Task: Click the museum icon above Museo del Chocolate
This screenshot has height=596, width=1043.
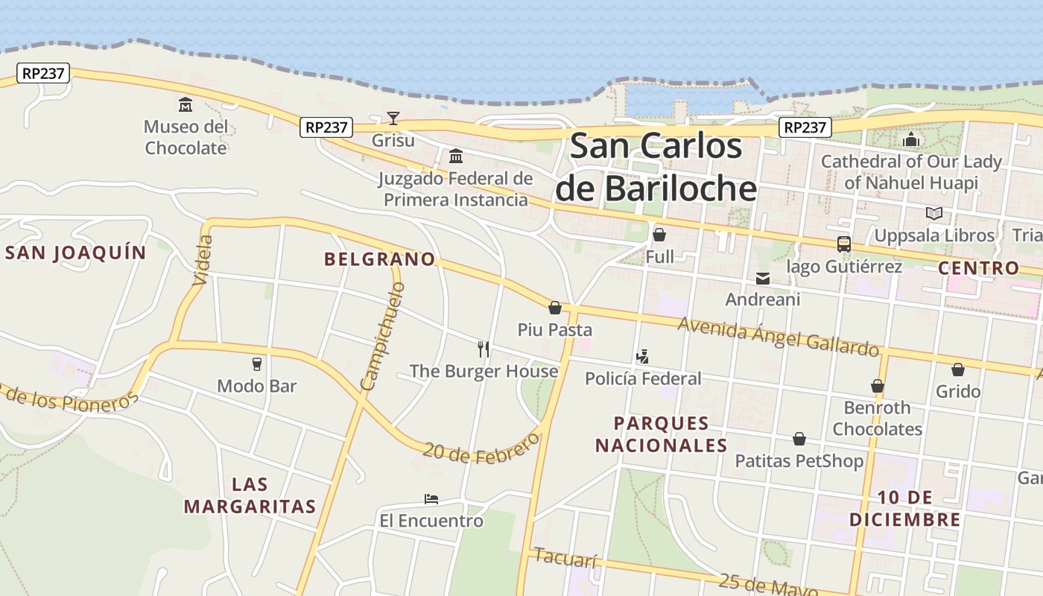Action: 186,104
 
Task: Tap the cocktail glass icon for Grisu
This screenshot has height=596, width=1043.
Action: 393,118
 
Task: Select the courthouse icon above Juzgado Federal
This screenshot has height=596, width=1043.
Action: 455,156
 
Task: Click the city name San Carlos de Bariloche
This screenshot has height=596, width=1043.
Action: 656,167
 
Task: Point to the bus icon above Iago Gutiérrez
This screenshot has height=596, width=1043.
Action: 844,244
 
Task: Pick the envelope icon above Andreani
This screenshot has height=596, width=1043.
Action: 763,279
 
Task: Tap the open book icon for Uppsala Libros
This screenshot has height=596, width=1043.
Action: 933,214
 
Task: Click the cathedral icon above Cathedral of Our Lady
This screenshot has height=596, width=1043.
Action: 911,139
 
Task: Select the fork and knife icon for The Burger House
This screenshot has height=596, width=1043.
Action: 484,349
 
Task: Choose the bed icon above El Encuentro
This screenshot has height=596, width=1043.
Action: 431,499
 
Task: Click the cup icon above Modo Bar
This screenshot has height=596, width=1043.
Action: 257,364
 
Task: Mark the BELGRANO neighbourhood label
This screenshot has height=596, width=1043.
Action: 380,259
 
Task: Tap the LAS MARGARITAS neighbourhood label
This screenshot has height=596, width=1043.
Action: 250,495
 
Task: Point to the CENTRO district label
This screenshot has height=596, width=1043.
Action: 978,268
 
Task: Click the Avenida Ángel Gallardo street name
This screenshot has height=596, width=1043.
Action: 778,337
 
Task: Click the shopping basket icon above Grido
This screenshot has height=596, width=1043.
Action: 958,370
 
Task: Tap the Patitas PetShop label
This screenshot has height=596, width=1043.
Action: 799,461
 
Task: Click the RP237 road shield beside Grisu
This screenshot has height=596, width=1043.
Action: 326,127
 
